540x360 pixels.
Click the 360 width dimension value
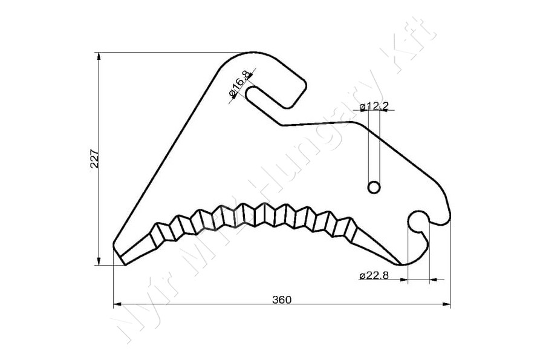pos(282,299)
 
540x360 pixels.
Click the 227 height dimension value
pos(95,158)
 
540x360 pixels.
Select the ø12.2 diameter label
pos(374,106)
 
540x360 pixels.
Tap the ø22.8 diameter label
pos(374,275)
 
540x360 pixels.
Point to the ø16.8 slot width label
pos(239,83)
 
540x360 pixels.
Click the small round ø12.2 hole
pos(374,187)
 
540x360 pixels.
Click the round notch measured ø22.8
pos(418,222)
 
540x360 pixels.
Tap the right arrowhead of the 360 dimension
pos(447,304)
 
